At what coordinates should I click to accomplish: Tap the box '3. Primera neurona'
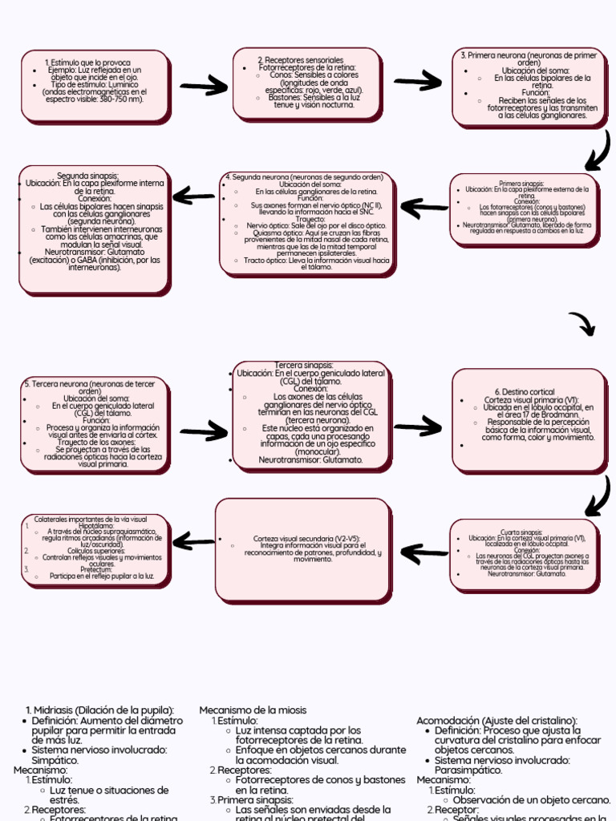point(529,87)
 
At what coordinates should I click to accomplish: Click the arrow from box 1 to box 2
point(205,85)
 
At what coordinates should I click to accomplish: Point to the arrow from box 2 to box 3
point(418,81)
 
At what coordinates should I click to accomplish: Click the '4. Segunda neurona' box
point(308,222)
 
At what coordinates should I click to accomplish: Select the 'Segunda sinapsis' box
point(93,228)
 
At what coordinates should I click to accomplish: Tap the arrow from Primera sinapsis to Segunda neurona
point(423,208)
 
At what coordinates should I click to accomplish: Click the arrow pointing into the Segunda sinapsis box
point(193,196)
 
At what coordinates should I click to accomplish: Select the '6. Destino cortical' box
point(529,419)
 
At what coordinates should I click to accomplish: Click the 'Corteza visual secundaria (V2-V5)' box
point(306,548)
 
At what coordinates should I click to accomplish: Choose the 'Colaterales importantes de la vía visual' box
point(95,548)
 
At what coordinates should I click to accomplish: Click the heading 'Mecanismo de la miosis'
point(253,710)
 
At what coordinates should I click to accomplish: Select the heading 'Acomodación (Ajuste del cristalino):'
point(496,721)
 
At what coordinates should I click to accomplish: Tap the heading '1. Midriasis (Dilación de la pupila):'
point(100,710)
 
